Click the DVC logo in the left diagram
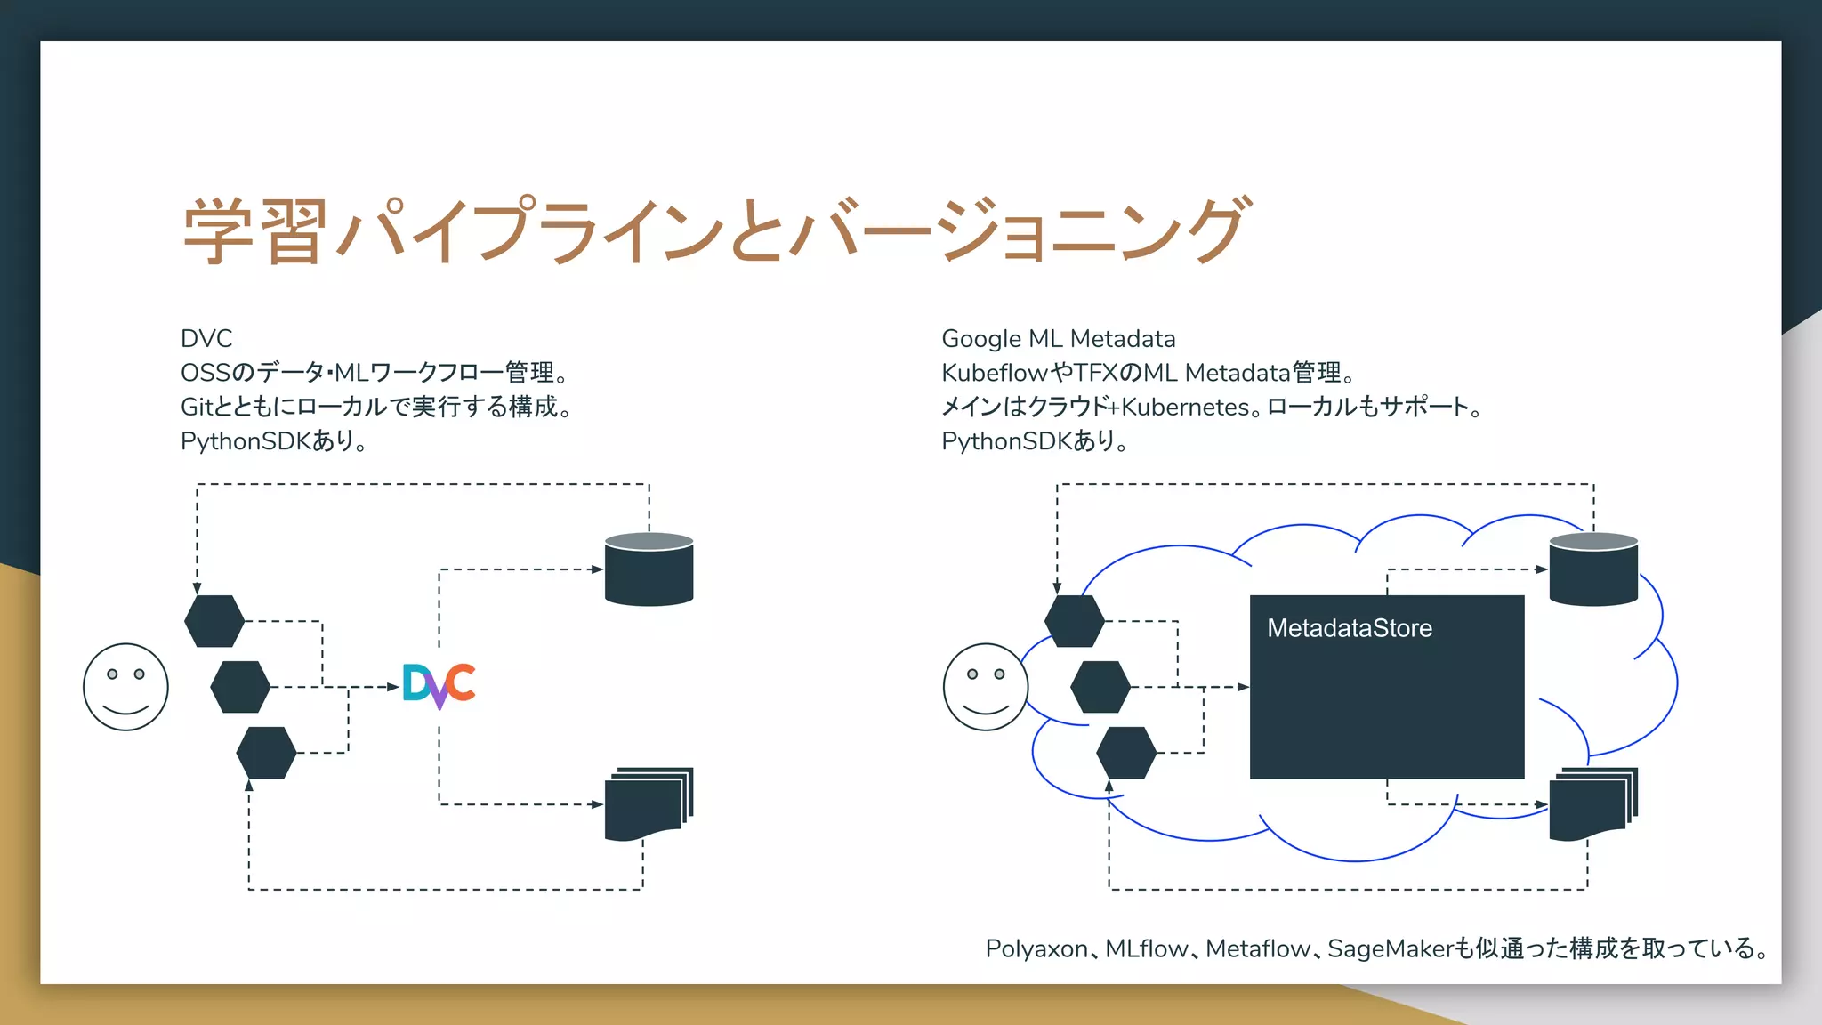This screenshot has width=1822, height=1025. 439,685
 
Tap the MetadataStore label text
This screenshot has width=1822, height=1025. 1349,628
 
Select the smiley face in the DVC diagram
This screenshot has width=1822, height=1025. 125,687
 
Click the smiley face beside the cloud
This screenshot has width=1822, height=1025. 985,687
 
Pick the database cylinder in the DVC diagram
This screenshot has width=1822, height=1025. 649,570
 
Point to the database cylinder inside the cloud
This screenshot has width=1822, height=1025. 1592,570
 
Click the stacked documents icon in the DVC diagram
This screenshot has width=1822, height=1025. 648,804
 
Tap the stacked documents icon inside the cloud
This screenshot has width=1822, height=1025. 1592,804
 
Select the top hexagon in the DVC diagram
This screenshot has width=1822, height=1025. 214,621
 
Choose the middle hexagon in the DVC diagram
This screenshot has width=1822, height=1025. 240,687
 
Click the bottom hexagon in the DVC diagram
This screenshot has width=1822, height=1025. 266,753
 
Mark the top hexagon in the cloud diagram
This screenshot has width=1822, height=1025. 1074,621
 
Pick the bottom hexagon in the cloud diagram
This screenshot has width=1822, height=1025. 1126,753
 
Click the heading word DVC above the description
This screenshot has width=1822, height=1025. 206,339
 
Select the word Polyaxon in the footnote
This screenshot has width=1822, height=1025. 1036,949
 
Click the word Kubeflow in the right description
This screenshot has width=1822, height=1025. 995,373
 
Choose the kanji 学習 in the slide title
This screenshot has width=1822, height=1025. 254,231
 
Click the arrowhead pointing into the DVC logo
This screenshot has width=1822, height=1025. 393,687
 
